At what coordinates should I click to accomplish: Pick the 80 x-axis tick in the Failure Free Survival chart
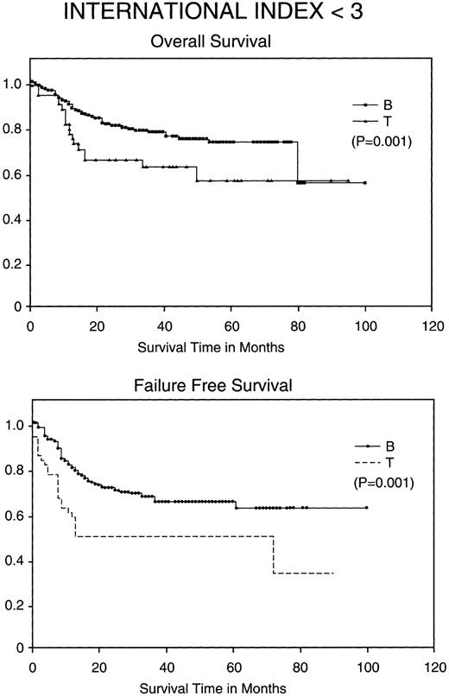tap(300, 664)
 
